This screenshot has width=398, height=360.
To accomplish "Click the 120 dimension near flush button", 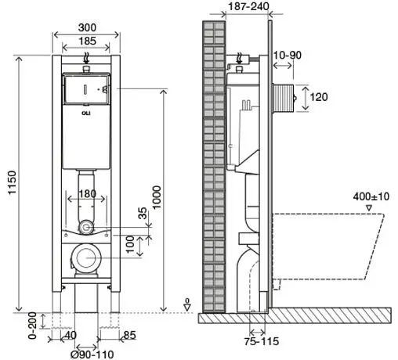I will pyautogui.click(x=318, y=98).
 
